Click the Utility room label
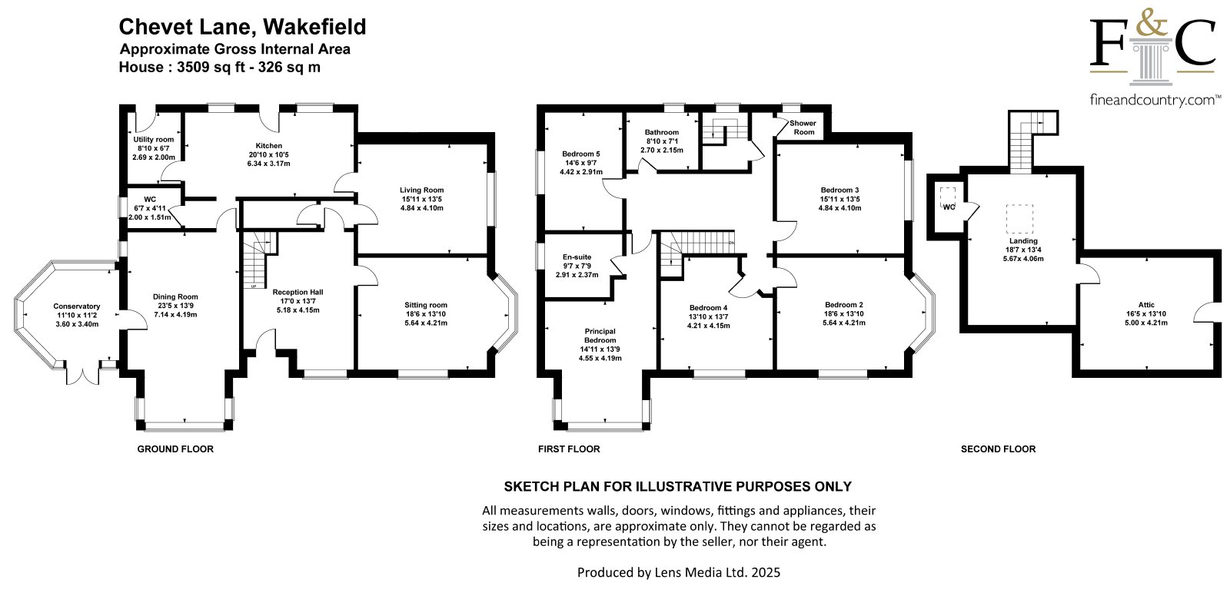click(153, 139)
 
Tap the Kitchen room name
click(269, 145)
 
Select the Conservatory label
click(77, 306)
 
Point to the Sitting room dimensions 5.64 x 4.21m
click(426, 323)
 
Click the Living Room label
click(422, 190)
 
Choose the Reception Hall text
click(298, 292)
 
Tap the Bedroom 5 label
click(581, 154)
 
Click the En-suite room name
click(577, 257)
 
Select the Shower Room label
click(803, 127)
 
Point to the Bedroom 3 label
click(840, 190)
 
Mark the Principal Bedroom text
click(600, 336)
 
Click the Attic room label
click(1146, 305)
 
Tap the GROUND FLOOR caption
click(175, 449)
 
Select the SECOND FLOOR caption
click(999, 449)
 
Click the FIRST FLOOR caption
click(569, 449)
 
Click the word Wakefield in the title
click(314, 26)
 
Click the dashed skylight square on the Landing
click(1019, 219)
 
